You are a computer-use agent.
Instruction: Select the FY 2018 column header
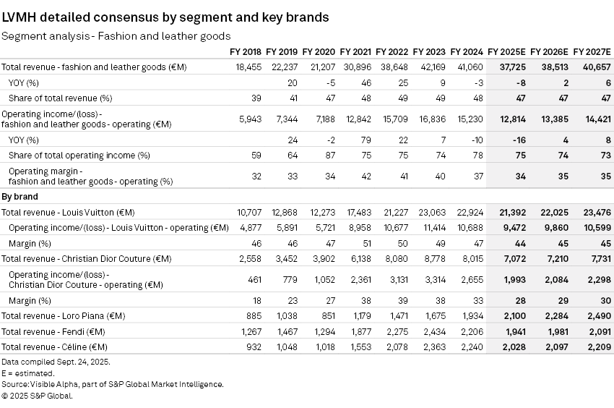(245, 51)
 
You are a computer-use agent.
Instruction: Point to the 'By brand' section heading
(20, 196)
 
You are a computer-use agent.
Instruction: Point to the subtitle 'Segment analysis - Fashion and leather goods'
(116, 35)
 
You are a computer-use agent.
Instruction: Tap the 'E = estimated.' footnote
(27, 373)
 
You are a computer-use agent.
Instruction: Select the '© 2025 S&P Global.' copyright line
(37, 396)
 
